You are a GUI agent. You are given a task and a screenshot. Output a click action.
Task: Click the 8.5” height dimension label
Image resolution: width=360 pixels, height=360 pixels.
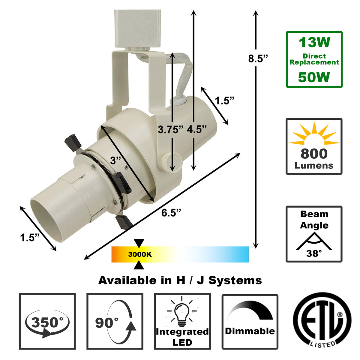[258, 59]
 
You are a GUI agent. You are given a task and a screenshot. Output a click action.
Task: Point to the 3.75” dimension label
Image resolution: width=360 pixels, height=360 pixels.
[171, 130]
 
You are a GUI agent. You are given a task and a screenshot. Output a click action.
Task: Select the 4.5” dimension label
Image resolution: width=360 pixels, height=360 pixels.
[197, 129]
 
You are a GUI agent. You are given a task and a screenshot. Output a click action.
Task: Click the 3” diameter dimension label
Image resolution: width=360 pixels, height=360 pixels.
[115, 160]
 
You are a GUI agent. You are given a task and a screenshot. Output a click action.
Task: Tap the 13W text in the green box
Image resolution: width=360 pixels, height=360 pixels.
[314, 42]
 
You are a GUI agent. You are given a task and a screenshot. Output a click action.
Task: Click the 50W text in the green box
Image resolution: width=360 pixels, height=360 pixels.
[314, 77]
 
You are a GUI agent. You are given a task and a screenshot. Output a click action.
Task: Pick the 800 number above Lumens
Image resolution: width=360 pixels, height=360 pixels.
[314, 154]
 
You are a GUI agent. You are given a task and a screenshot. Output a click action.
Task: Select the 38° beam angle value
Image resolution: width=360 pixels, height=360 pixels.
[314, 253]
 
